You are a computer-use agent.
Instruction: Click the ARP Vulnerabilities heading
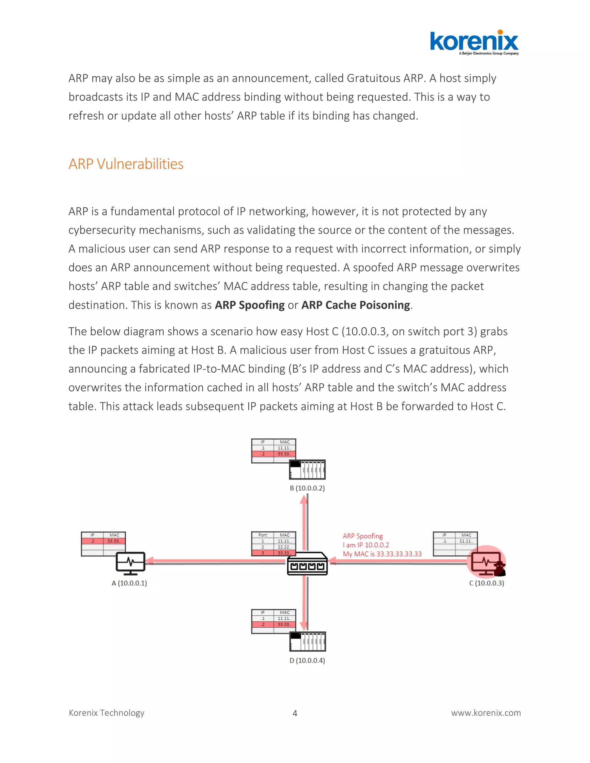coord(126,164)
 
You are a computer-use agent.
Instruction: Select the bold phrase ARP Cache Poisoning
coord(355,305)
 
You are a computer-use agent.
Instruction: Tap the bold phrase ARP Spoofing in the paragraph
coord(249,305)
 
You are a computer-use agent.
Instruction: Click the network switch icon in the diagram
coord(307,563)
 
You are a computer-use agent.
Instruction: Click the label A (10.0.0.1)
coord(129,583)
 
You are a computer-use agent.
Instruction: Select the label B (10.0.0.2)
coord(307,488)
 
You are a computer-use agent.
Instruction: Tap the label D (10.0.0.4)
coord(307,660)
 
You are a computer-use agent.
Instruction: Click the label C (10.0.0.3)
coord(487,583)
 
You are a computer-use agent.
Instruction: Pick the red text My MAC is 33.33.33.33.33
coord(382,554)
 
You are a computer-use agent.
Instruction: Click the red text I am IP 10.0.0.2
coord(366,545)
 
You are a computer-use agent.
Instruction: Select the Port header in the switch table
coord(262,535)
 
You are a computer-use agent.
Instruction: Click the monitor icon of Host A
coord(131,563)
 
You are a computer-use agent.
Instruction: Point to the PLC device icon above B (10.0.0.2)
coord(307,470)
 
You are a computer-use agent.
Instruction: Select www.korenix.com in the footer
coord(486,713)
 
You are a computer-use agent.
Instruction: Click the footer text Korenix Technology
coord(107,713)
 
